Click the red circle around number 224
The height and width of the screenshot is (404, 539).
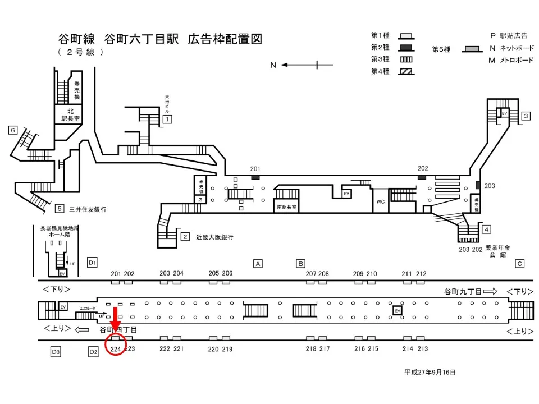116,343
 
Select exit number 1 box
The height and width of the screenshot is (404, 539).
167,119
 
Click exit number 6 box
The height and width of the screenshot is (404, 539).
12,130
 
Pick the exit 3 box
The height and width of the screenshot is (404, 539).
526,116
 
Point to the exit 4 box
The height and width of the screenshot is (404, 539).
487,229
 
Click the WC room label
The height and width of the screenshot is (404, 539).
380,201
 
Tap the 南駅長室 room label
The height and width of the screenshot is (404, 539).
286,207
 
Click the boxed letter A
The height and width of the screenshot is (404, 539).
258,263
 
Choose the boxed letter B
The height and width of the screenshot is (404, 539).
300,263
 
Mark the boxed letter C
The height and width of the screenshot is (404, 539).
519,263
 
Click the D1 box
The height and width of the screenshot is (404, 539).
93,263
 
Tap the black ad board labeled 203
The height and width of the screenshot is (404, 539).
478,185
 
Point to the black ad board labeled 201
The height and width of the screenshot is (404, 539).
255,177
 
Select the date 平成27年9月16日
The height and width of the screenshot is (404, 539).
430,372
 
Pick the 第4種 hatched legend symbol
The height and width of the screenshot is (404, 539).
405,71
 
